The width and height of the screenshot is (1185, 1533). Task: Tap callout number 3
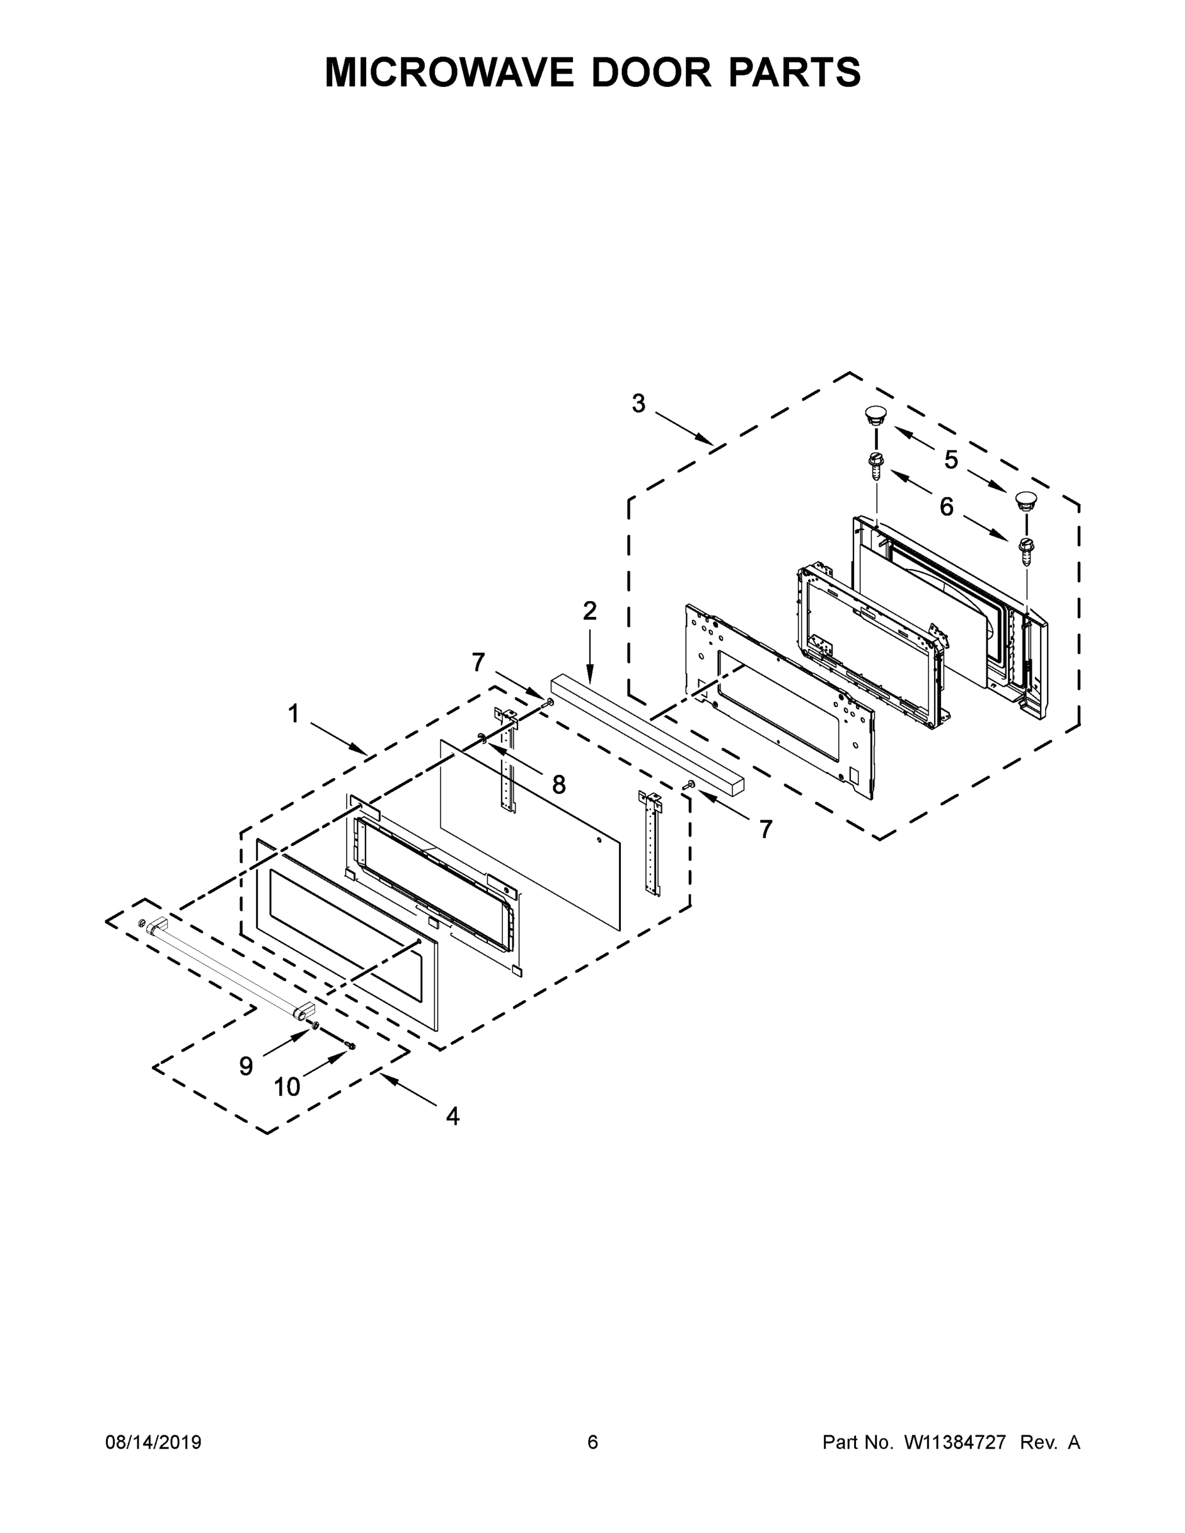pos(638,404)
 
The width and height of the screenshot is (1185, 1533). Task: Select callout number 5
pos(951,461)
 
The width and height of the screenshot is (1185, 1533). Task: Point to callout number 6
pos(947,507)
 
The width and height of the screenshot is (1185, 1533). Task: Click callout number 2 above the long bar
pos(590,611)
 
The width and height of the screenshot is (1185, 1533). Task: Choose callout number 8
pos(559,785)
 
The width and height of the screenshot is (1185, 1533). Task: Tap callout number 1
pos(293,714)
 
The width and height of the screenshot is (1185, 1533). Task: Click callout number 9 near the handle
pos(246,1066)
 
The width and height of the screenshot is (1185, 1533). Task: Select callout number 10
pos(286,1087)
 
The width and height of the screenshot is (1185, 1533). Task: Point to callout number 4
pos(453,1115)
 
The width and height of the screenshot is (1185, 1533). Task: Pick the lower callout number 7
pos(765,829)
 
